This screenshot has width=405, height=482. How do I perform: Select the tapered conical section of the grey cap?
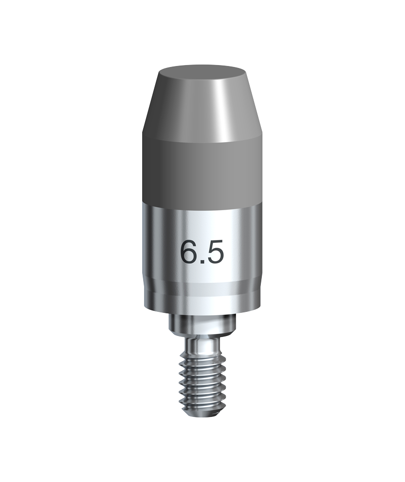(x=202, y=107)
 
